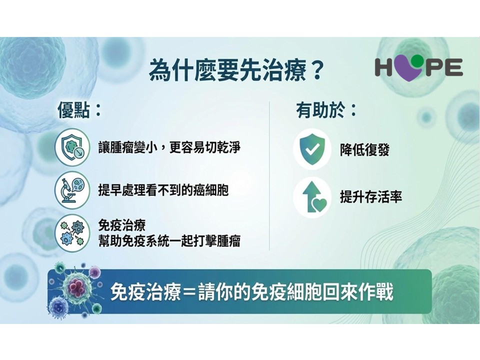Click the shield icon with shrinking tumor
tap(72, 147)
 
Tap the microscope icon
tap(72, 191)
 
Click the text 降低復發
tap(364, 150)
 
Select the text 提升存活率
tap(370, 197)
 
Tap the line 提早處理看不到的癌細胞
tap(163, 190)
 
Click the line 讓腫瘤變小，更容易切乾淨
tap(169, 147)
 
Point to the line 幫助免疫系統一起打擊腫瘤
tap(169, 241)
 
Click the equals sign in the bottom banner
tap(190, 293)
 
